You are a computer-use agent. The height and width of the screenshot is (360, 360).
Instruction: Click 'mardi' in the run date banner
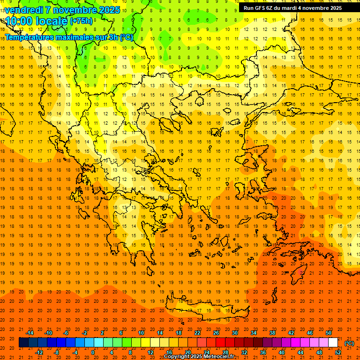tap(289, 8)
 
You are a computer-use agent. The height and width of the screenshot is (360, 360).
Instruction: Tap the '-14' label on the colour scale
tap(30, 333)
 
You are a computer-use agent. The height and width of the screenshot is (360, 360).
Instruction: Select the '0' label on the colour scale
tap(93, 352)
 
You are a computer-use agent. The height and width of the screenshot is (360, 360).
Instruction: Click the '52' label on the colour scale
tap(338, 352)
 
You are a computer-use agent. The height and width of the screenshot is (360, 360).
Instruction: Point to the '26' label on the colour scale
tap(216, 333)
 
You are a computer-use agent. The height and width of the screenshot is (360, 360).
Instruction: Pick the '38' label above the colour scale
tap(272, 333)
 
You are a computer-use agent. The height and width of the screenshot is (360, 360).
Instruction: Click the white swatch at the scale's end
tap(333, 343)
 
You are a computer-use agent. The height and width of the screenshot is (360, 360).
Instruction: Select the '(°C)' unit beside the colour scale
tap(349, 343)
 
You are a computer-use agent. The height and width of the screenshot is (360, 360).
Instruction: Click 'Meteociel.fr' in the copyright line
tap(222, 357)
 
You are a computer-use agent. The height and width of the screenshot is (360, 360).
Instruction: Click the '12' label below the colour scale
tap(150, 352)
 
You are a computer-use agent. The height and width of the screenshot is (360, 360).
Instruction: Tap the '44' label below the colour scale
tap(300, 352)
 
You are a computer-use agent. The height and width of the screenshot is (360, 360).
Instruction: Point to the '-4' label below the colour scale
tap(75, 352)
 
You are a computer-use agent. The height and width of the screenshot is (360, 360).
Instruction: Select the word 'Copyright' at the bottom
tap(177, 357)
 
